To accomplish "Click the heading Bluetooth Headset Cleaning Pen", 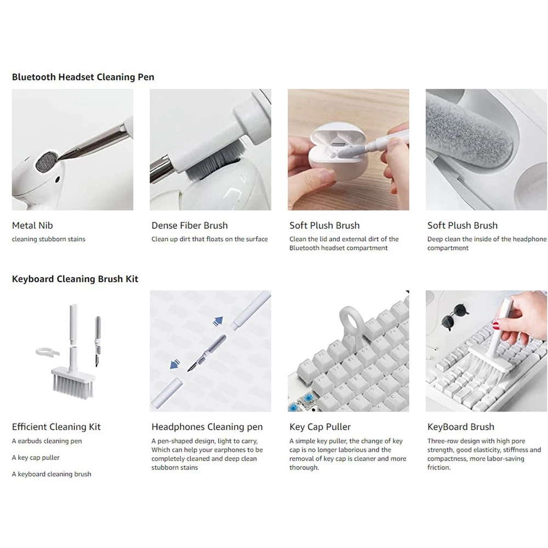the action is [83, 77].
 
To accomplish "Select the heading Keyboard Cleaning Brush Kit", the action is [75, 279].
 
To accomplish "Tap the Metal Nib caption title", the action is [32, 225].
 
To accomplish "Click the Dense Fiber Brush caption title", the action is [190, 225].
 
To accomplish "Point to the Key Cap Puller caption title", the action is [320, 427].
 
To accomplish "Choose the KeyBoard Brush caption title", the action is [461, 427].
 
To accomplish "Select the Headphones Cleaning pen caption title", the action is [207, 427].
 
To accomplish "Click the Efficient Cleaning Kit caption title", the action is [56, 427].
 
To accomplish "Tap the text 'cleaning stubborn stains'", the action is [49, 239].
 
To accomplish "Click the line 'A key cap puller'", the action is [36, 458].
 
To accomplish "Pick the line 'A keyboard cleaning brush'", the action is [52, 474].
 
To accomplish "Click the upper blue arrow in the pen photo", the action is [218, 321].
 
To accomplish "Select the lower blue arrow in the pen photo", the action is [175, 364].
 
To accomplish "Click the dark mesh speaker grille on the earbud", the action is [47, 161].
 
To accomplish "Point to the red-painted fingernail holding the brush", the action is [495, 326].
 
